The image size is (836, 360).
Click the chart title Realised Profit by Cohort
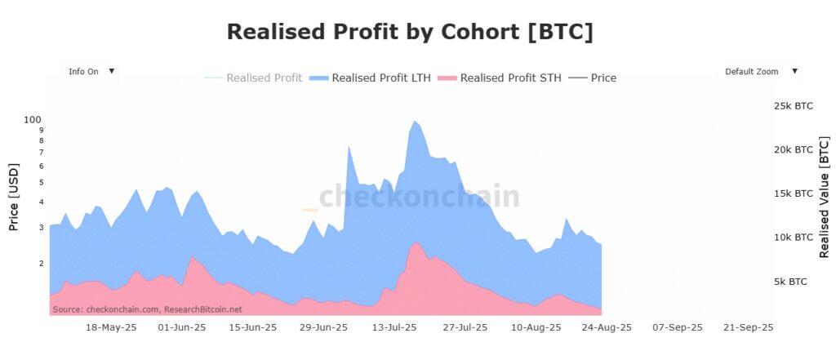(410, 32)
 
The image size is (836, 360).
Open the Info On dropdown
(91, 72)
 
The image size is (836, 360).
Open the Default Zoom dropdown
(759, 72)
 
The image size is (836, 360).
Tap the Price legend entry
(594, 78)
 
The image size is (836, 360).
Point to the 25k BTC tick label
(793, 106)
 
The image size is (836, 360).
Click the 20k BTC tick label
(793, 150)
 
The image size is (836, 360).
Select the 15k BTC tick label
(793, 193)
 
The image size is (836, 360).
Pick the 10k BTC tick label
(793, 238)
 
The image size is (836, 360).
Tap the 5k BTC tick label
(789, 282)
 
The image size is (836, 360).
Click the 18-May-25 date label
(111, 327)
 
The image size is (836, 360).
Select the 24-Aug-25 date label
(607, 327)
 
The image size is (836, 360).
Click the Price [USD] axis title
(14, 196)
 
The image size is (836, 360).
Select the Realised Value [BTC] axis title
(824, 198)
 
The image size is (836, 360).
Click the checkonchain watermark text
(419, 197)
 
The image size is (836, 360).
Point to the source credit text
(148, 309)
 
